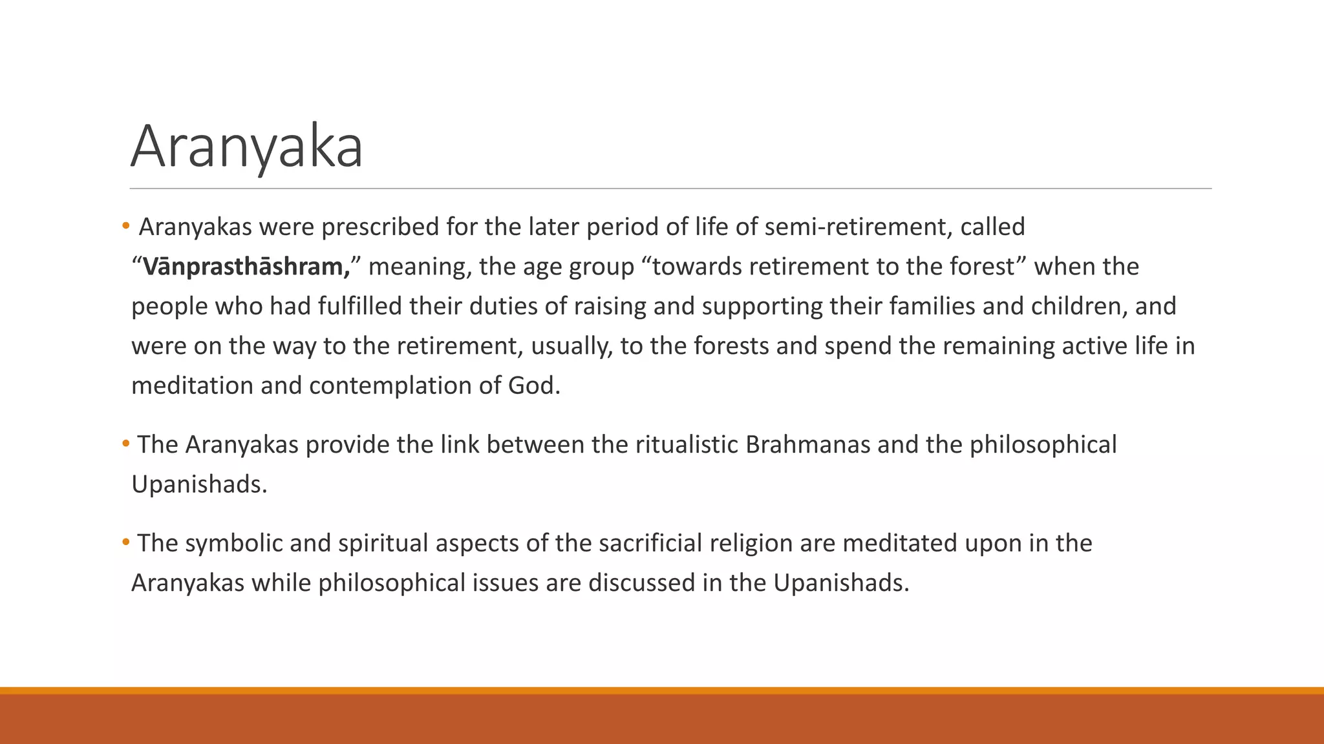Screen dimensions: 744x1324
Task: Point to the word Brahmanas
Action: pyautogui.click(x=807, y=445)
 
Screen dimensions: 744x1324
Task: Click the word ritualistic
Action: pyautogui.click(x=687, y=445)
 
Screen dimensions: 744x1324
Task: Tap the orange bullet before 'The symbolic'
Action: pyautogui.click(x=126, y=541)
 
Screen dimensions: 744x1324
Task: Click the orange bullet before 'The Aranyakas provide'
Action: pyautogui.click(x=126, y=443)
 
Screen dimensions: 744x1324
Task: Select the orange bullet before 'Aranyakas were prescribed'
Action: pyautogui.click(x=126, y=225)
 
